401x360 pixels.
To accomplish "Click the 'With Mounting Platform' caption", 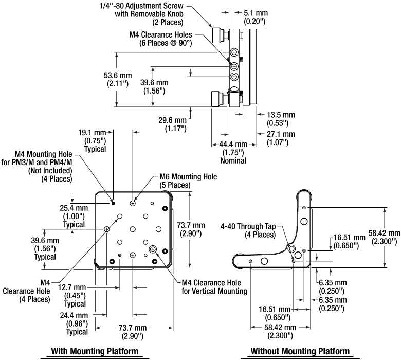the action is [x=95, y=351].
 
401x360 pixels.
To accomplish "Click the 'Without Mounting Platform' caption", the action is [x=300, y=351].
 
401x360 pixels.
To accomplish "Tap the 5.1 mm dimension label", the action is [x=254, y=17].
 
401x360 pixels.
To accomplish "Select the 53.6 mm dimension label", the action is [x=118, y=79].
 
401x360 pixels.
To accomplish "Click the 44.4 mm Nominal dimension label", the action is [x=233, y=153].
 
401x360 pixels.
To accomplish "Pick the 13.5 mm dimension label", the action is [x=281, y=119].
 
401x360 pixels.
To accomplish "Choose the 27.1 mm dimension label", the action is [x=281, y=138].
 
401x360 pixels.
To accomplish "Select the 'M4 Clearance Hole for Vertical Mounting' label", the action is [x=214, y=287].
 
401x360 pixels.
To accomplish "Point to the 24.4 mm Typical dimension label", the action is [x=74, y=323].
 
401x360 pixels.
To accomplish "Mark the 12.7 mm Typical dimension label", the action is [x=72, y=296].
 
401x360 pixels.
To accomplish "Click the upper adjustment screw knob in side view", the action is [x=217, y=35].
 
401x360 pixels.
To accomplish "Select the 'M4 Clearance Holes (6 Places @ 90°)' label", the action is [x=160, y=39].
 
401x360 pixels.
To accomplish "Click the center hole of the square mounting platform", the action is [x=133, y=229].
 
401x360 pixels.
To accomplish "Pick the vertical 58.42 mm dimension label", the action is [x=384, y=237].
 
